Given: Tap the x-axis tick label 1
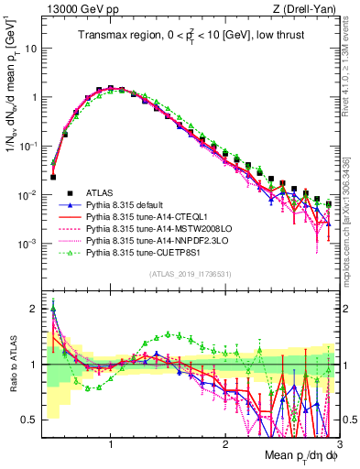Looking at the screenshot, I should click(x=111, y=444).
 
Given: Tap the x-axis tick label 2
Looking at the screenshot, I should click(x=225, y=444).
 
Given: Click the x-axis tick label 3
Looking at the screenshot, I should click(x=339, y=444).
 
